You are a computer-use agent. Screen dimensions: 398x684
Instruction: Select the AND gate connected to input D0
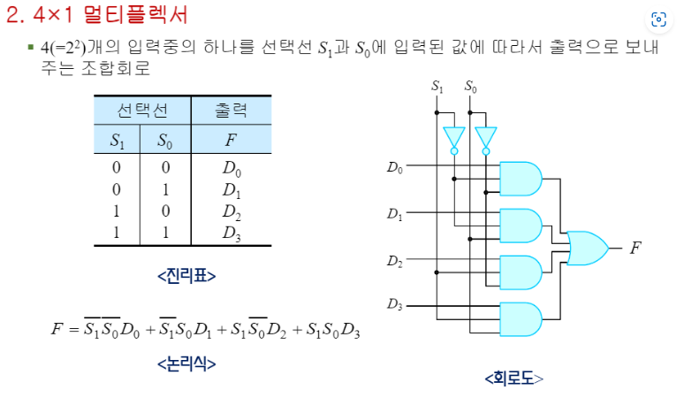(x=521, y=178)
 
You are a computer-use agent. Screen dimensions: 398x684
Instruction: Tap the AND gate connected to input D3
(x=521, y=317)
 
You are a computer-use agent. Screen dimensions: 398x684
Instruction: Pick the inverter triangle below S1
(x=453, y=138)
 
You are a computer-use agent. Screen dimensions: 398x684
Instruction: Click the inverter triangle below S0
(x=486, y=138)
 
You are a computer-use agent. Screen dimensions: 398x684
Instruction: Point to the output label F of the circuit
(x=635, y=249)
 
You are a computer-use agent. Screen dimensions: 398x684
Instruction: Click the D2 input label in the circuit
(x=394, y=262)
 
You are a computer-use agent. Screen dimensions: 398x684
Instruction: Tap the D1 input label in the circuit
(x=394, y=215)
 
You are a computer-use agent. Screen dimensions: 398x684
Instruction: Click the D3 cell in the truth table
(x=232, y=233)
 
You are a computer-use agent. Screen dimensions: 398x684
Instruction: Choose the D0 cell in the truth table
(x=232, y=166)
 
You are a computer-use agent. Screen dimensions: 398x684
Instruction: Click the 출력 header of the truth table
(x=231, y=111)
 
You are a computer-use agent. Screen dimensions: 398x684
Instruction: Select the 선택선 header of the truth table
(x=141, y=111)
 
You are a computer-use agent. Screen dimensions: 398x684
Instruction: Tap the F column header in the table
(x=231, y=140)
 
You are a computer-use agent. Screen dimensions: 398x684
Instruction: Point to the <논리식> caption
(x=186, y=364)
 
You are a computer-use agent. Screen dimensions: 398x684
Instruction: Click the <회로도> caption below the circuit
(x=513, y=379)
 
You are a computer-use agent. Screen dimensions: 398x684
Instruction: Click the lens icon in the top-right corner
(x=657, y=20)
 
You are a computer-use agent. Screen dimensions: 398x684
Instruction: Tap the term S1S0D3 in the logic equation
(x=327, y=330)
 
